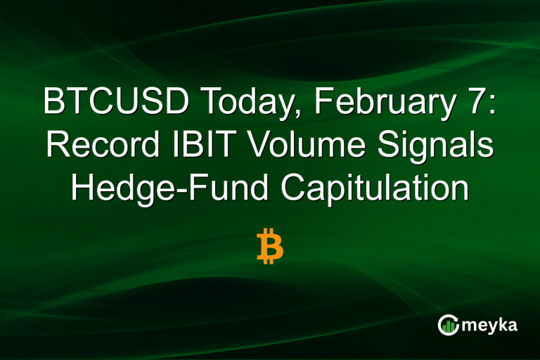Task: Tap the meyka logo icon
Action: point(448,324)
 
